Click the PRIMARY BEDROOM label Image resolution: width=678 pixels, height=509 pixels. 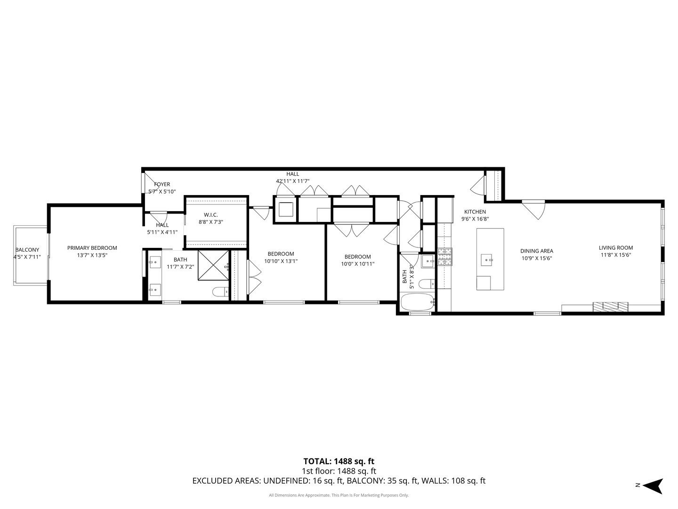tap(92, 248)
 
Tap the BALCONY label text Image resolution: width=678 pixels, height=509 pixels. tap(27, 250)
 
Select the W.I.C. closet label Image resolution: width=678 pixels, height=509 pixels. tap(210, 215)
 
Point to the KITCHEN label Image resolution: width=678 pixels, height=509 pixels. tap(475, 212)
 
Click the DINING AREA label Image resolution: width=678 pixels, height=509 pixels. tap(537, 251)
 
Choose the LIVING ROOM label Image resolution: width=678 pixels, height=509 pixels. tap(616, 247)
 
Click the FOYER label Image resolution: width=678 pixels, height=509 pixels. tap(162, 184)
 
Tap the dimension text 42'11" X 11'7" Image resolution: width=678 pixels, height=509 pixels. tap(292, 181)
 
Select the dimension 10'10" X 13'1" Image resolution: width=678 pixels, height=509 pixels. tap(281, 261)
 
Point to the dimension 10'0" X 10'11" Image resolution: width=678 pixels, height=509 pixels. tap(358, 264)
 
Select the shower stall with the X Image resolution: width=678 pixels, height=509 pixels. tap(213, 265)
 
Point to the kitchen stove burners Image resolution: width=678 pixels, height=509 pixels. tap(445, 257)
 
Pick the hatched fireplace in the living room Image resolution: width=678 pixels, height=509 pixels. tap(610, 306)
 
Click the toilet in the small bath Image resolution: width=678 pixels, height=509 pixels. tap(427, 283)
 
